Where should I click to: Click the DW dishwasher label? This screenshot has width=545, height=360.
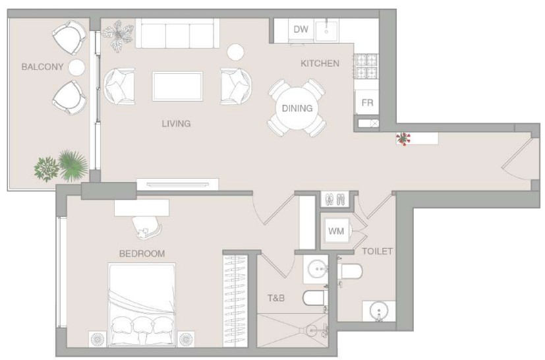coord(301,29)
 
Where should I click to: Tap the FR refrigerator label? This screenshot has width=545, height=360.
coord(367,103)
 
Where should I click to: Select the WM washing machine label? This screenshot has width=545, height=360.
coord(336,231)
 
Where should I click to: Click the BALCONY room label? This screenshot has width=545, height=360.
coord(42,67)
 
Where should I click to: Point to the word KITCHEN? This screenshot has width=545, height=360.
coord(320,63)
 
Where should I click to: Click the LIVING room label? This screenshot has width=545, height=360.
coord(176,123)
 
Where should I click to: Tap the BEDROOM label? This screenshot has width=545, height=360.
coord(142,254)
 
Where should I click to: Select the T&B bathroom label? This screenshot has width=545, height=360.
coord(276,298)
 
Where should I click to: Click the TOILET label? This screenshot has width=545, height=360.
coord(378,251)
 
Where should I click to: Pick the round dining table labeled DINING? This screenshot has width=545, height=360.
coord(297,108)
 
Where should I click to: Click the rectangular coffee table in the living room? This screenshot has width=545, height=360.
coord(177,86)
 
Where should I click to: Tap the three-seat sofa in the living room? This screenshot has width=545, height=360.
coord(178,34)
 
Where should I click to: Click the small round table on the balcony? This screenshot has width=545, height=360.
coord(76,67)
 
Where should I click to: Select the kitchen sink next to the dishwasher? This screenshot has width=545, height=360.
coord(326,30)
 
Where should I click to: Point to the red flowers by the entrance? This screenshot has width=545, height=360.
coord(403,138)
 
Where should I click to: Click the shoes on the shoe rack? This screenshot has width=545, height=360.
coord(335,199)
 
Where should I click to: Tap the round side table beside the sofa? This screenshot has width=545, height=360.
coord(235,52)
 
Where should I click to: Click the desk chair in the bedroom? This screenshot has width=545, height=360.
coord(148,228)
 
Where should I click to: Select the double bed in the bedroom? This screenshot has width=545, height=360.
coord(142,305)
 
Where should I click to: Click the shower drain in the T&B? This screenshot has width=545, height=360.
coord(312,331)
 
